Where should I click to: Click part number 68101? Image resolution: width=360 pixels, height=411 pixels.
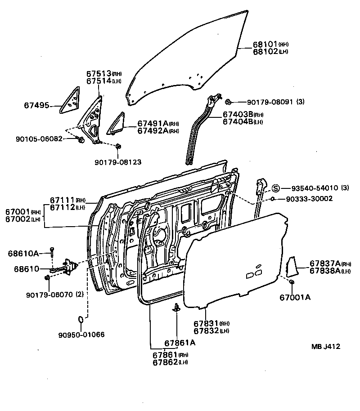click(265, 45)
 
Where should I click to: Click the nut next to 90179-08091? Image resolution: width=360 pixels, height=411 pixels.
click(228, 102)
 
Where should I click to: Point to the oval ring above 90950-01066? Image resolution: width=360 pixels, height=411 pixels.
click(81, 319)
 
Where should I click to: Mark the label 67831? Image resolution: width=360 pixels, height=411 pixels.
click(206, 323)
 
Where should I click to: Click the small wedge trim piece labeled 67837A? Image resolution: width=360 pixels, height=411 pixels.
click(291, 267)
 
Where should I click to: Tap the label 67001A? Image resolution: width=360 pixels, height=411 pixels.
click(295, 297)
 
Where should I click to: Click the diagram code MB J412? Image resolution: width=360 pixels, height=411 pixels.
click(325, 347)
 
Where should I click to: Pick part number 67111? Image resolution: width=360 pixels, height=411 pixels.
click(62, 200)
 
